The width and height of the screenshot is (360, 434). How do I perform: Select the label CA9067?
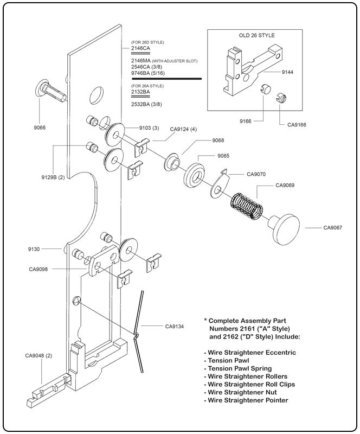click(x=332, y=227)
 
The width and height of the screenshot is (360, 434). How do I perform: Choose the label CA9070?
click(x=256, y=174)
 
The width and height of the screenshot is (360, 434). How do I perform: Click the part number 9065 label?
click(x=223, y=156)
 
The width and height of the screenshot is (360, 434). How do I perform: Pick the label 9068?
click(x=203, y=140)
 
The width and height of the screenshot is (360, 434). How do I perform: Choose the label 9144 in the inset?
click(x=288, y=71)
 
